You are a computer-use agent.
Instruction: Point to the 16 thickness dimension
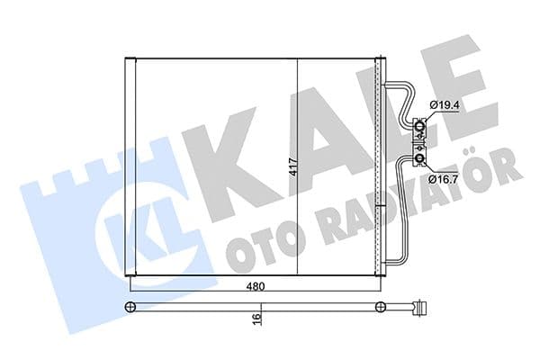pos(256,318)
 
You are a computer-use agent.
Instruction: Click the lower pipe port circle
pos(420,160)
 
